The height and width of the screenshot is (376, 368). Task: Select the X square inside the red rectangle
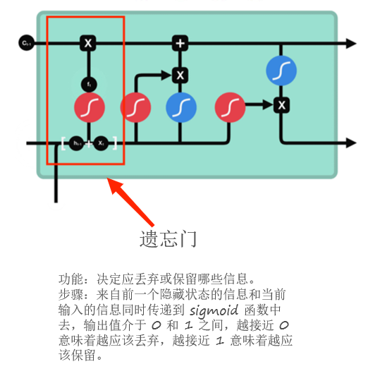pyautogui.click(x=88, y=44)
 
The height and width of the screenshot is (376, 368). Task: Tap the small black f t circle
pyautogui.click(x=89, y=84)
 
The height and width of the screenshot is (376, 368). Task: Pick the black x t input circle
pyautogui.click(x=102, y=143)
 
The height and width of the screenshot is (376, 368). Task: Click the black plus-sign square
pyautogui.click(x=180, y=44)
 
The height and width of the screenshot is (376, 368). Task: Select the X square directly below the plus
pyautogui.click(x=180, y=75)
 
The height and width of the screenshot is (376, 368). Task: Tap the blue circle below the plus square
pyautogui.click(x=181, y=107)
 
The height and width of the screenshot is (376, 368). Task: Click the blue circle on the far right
pyautogui.click(x=281, y=71)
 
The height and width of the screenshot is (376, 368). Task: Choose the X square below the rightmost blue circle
pyautogui.click(x=281, y=105)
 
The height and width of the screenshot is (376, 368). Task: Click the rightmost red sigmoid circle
pyautogui.click(x=231, y=107)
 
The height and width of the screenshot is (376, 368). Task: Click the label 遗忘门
pyautogui.click(x=168, y=239)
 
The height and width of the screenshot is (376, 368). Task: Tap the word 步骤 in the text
pyautogui.click(x=70, y=293)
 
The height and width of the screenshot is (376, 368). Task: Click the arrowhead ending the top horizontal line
pyautogui.click(x=350, y=44)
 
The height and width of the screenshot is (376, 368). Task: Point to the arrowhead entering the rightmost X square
pyautogui.click(x=269, y=105)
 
